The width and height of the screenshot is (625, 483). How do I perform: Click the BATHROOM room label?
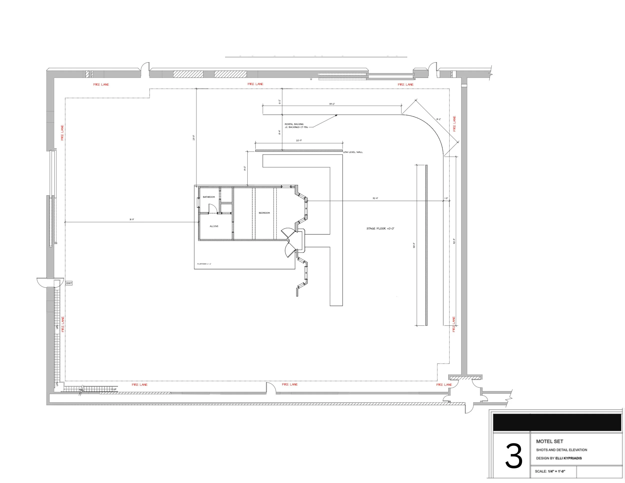point(208,197)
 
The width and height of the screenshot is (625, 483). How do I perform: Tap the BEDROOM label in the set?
point(264,213)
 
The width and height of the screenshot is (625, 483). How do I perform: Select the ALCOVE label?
point(214,226)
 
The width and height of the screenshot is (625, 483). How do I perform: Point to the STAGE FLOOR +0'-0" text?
point(380,228)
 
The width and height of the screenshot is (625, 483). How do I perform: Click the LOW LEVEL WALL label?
point(353,152)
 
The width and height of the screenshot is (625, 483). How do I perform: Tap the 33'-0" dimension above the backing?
point(332,104)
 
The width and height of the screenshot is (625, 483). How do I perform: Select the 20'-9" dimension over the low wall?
point(299,140)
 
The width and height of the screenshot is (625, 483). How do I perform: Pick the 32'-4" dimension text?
point(375,198)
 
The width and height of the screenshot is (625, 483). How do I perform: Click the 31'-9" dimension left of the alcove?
point(131,219)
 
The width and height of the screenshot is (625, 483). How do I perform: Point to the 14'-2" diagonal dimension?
point(438,119)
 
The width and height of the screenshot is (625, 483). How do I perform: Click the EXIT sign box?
point(69,283)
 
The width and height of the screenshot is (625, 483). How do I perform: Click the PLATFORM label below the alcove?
point(204,264)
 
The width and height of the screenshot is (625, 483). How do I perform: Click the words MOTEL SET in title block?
point(549,441)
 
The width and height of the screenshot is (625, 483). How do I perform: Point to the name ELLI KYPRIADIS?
point(568,458)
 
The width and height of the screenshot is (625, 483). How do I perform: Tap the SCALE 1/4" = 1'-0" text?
point(550,471)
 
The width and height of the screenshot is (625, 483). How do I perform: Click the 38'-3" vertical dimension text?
point(414,245)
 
